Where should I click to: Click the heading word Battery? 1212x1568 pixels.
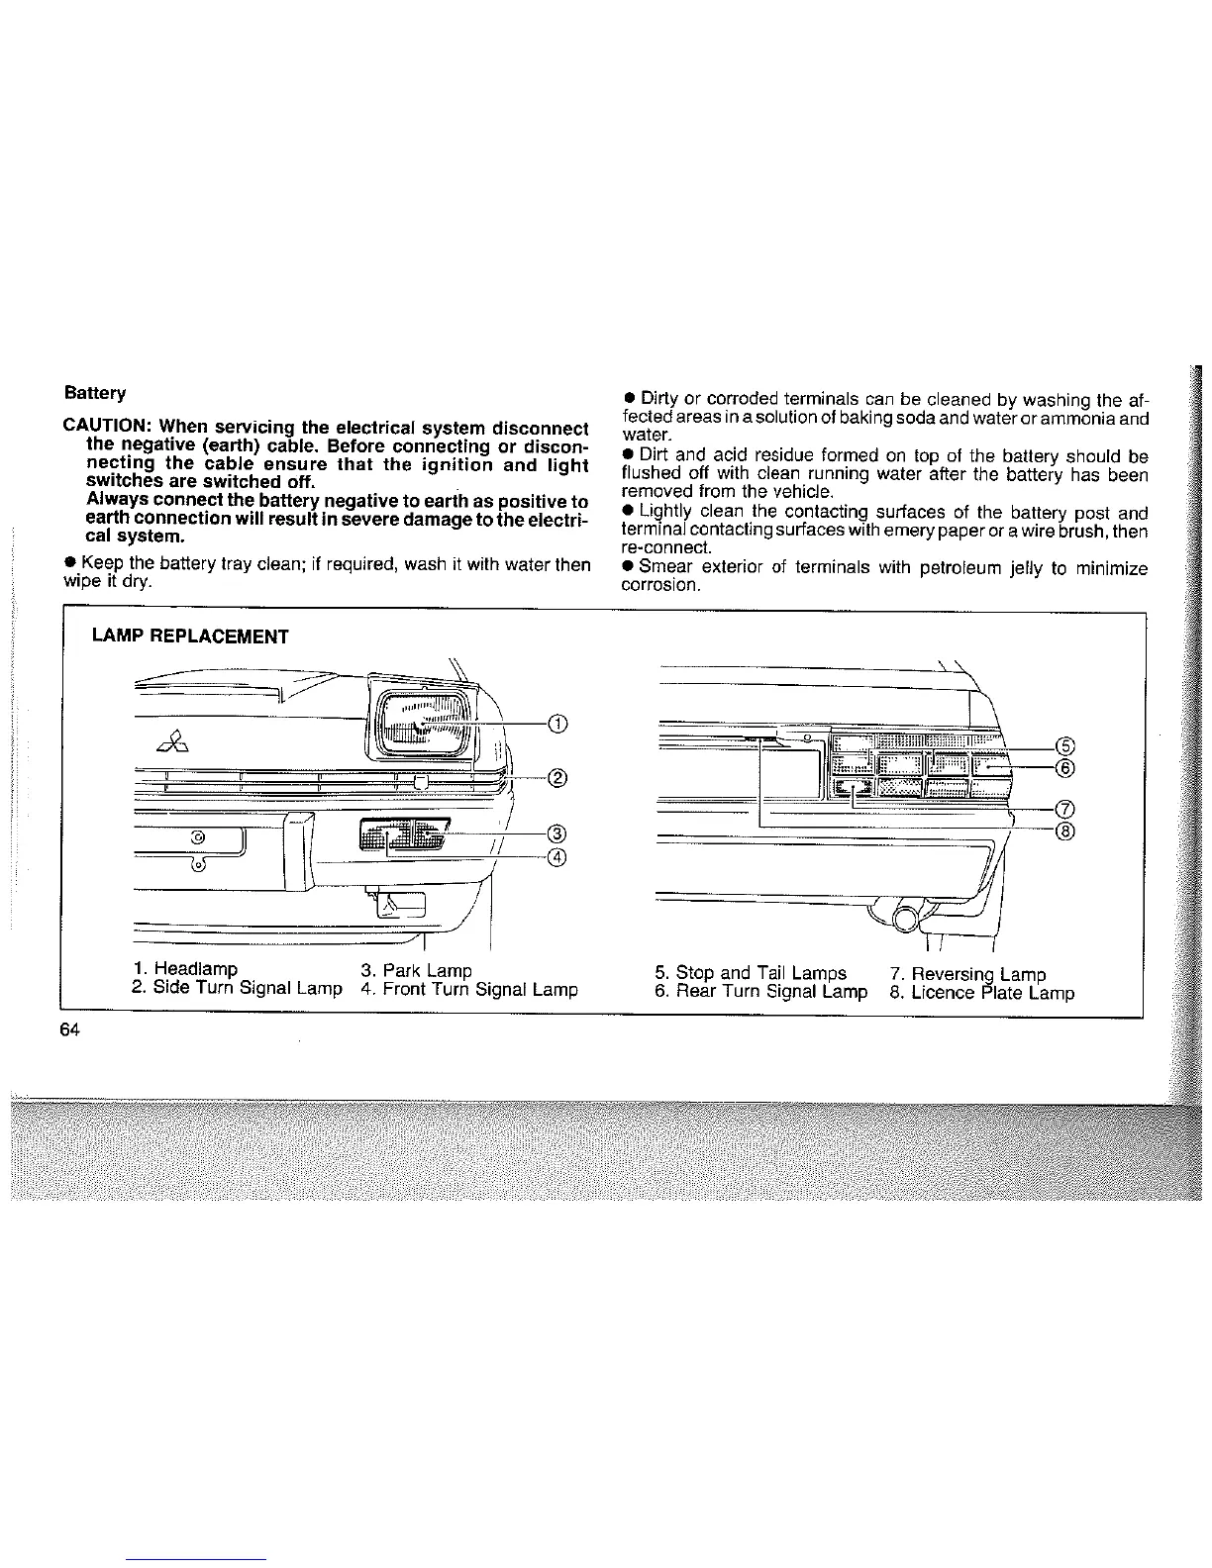tap(95, 393)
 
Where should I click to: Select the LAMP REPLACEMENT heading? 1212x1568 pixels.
tap(189, 637)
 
